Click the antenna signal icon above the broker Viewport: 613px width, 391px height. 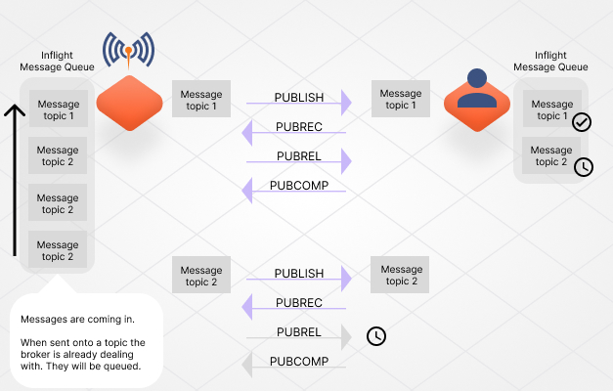[129, 50]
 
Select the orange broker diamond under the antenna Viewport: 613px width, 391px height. [129, 102]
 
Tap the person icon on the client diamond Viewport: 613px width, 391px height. [476, 89]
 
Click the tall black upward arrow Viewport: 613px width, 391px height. [14, 181]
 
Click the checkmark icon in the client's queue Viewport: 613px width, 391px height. [582, 122]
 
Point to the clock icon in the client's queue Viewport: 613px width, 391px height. [583, 166]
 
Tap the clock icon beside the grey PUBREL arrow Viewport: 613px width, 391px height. [375, 336]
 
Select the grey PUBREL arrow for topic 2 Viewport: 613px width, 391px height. [297, 337]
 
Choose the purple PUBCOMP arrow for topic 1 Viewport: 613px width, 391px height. [297, 191]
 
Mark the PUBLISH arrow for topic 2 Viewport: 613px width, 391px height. [297, 279]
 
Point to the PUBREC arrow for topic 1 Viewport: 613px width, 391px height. [297, 132]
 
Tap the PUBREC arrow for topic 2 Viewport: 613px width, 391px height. [297, 308]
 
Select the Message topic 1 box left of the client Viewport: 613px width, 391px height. [401, 100]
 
